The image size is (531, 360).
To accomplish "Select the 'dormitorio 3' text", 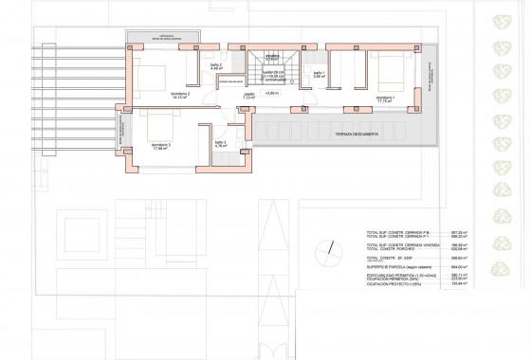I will point(161,146).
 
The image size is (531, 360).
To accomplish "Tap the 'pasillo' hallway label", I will point(250,96).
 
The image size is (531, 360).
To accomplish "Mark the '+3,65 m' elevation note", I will point(272,93).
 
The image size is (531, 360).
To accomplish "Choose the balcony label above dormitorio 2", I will point(162,38).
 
